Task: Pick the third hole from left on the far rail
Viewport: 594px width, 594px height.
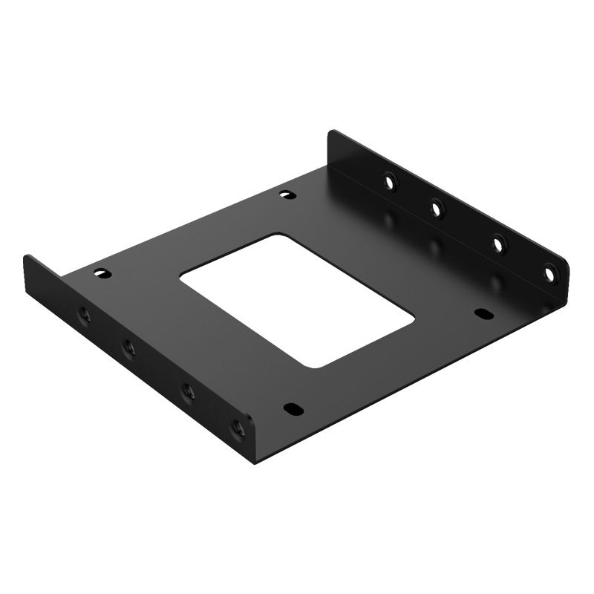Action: pos(498,244)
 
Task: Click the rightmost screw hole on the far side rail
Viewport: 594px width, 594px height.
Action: pos(550,274)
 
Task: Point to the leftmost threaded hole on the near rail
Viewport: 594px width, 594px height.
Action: pos(82,315)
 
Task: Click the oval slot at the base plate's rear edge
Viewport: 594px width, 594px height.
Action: pos(286,195)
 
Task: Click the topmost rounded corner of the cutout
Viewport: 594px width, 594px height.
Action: pos(281,237)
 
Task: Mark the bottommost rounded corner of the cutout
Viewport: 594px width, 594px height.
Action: pos(315,366)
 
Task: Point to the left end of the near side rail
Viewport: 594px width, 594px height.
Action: pos(27,260)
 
